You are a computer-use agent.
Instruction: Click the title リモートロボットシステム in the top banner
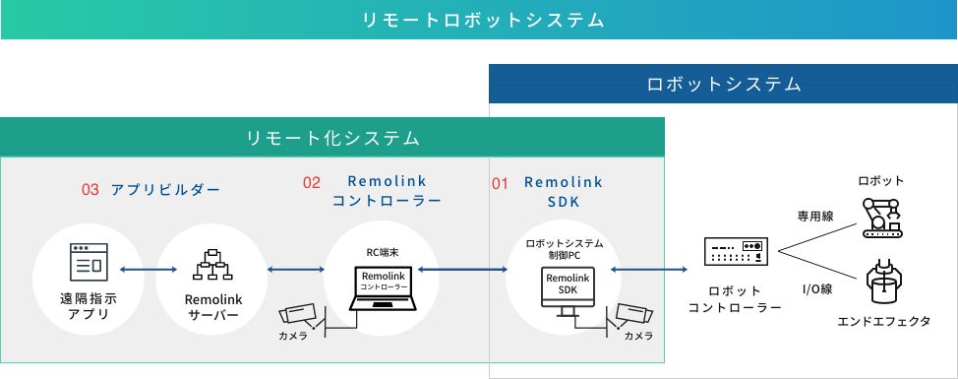(x=483, y=20)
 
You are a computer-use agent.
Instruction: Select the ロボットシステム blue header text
(x=723, y=84)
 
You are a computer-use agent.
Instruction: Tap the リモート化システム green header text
(x=333, y=138)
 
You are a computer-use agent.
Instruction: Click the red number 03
(x=90, y=189)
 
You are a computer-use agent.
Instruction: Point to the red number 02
(x=312, y=183)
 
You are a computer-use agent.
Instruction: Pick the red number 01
(x=500, y=183)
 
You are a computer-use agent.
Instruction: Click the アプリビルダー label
(x=165, y=189)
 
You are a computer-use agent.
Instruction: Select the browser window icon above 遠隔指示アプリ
(x=89, y=262)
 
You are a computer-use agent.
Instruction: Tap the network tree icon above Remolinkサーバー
(x=212, y=264)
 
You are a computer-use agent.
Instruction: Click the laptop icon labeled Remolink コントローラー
(x=383, y=287)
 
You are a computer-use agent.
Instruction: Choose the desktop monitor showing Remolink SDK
(x=568, y=291)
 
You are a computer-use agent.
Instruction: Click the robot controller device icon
(x=735, y=251)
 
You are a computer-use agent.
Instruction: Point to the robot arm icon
(x=881, y=217)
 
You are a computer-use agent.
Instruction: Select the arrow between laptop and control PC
(x=462, y=269)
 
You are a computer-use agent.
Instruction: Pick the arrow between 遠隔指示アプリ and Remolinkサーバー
(x=149, y=269)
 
